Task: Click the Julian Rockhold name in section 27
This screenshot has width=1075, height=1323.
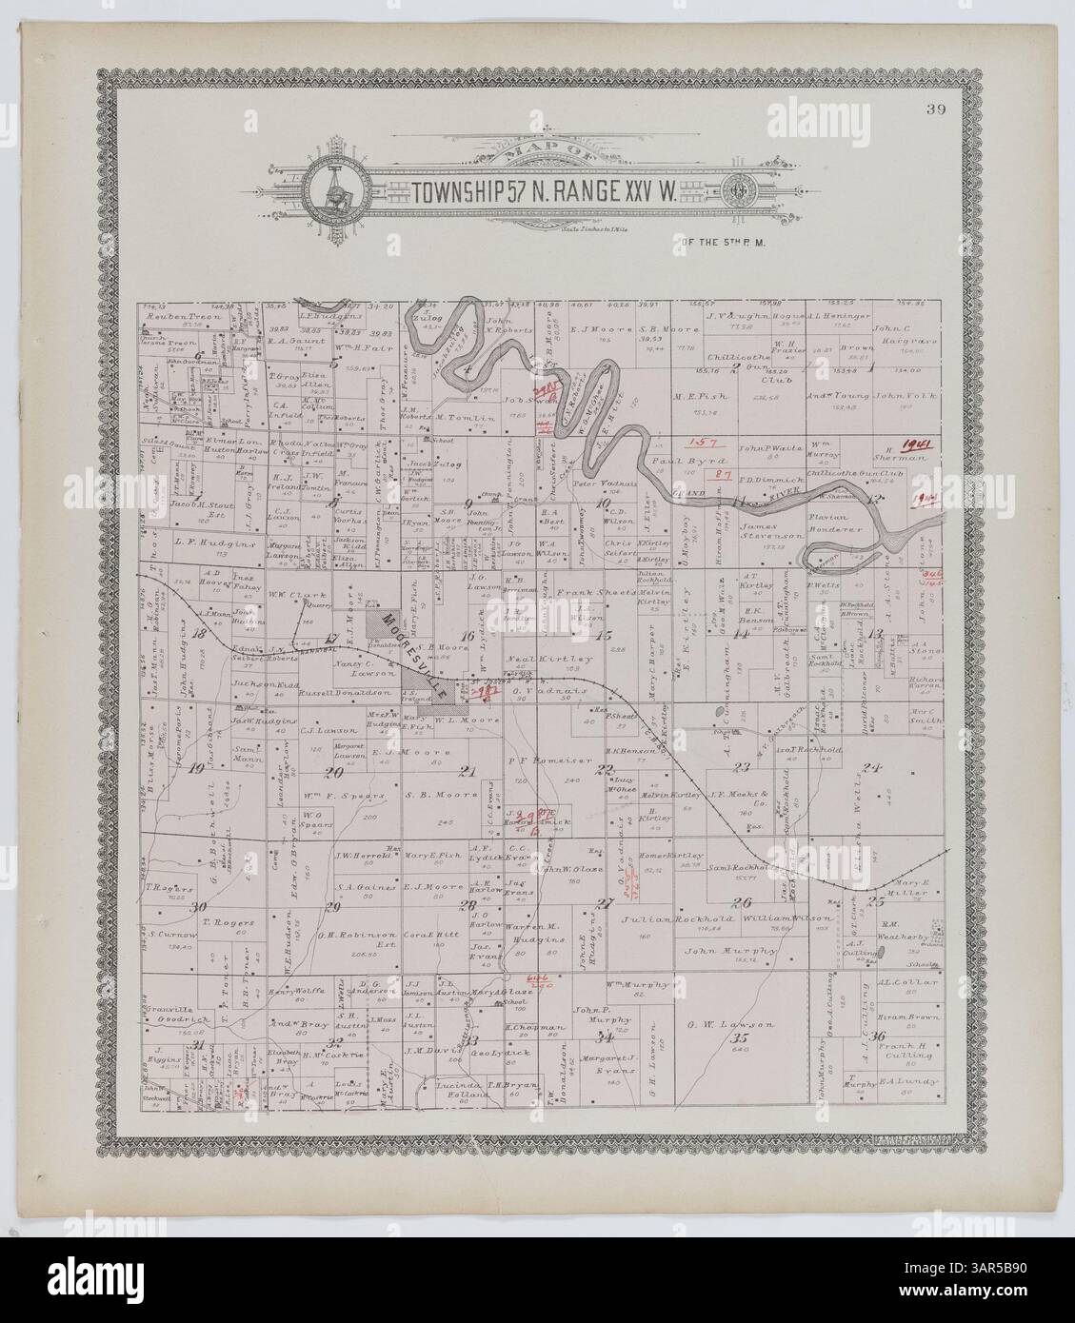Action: click(667, 919)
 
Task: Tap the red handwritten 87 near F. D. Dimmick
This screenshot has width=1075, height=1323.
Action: click(721, 473)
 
